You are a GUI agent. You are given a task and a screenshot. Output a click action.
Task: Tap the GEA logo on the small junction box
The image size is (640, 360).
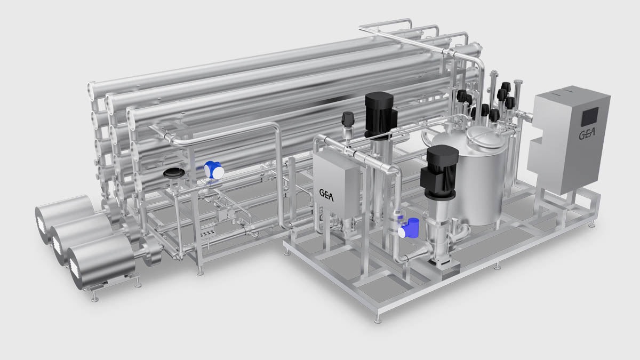click(328, 193)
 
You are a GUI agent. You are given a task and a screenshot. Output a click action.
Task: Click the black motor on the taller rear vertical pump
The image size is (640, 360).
click(379, 111)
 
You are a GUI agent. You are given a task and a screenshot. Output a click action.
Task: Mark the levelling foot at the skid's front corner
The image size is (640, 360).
click(378, 319)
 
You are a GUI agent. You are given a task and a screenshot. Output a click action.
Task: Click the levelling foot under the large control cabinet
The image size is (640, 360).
click(592, 225)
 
